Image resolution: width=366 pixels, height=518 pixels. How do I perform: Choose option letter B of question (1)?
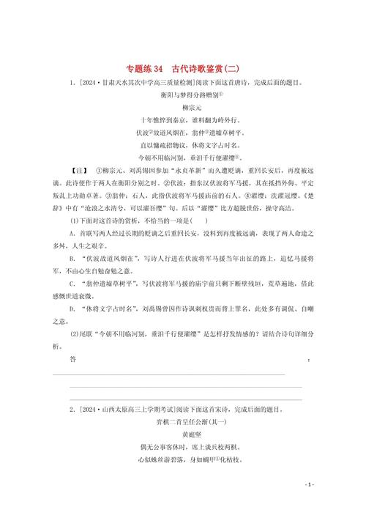point(72,279)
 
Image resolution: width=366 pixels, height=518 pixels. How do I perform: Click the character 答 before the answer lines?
point(72,360)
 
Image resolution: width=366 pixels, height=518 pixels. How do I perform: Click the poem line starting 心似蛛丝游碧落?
point(182,459)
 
